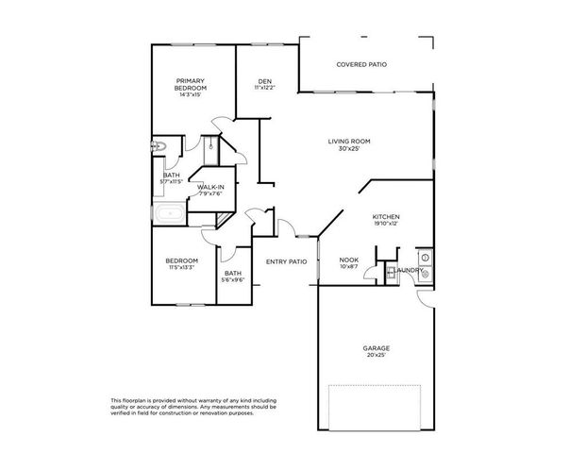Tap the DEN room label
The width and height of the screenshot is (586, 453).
[265, 82]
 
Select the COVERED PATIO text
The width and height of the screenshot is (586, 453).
[361, 64]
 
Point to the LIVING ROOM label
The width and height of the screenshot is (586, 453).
[346, 143]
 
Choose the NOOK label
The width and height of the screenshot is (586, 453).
[348, 260]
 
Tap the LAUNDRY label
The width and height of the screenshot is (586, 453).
[410, 270]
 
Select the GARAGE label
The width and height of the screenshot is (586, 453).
[377, 348]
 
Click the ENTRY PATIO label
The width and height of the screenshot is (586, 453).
[286, 262]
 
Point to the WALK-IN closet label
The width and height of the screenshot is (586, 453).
[210, 187]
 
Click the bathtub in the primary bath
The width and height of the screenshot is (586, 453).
[171, 214]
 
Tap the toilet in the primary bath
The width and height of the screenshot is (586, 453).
[159, 146]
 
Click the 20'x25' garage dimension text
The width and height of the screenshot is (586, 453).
[377, 356]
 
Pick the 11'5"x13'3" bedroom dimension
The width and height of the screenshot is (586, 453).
[181, 268]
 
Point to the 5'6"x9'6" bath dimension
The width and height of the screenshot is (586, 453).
[232, 280]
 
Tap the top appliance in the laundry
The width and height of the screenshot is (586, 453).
[425, 257]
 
